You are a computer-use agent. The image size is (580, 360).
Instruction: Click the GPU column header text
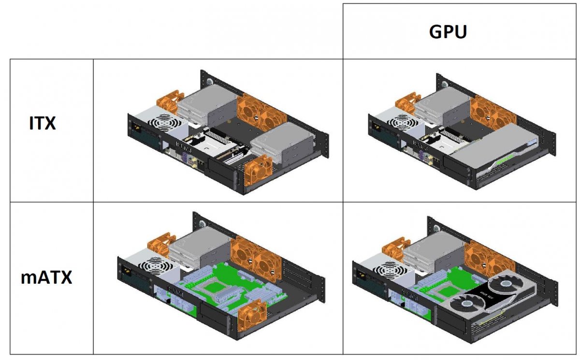coord(448,32)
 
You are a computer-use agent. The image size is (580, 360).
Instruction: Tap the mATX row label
coord(46,278)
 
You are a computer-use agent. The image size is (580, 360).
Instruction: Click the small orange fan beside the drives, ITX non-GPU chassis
coord(169,100)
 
